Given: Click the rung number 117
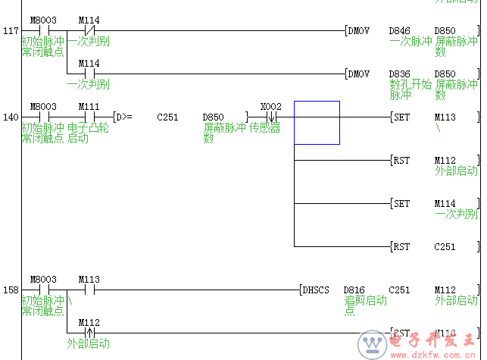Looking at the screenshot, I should click(11, 31).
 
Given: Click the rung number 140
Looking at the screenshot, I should click(11, 117).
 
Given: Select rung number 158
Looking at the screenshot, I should click(11, 290).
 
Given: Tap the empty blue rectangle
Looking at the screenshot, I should click(317, 122).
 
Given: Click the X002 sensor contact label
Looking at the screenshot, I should click(270, 107).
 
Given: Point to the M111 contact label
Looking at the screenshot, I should click(89, 107).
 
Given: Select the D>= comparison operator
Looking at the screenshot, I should click(123, 117).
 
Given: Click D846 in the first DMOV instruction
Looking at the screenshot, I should click(399, 31).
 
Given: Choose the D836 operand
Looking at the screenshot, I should click(399, 74).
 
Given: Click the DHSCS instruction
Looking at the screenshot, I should click(316, 290).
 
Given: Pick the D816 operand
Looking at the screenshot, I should click(354, 290).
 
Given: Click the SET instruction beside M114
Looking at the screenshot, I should click(401, 204).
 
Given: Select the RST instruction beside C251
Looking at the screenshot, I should click(401, 247).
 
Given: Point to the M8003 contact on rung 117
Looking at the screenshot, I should click(43, 20).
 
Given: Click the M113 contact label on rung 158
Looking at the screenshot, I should click(89, 279).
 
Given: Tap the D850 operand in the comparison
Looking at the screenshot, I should click(214, 117).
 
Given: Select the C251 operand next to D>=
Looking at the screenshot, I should click(167, 117).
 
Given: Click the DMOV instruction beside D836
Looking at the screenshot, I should click(359, 74).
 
